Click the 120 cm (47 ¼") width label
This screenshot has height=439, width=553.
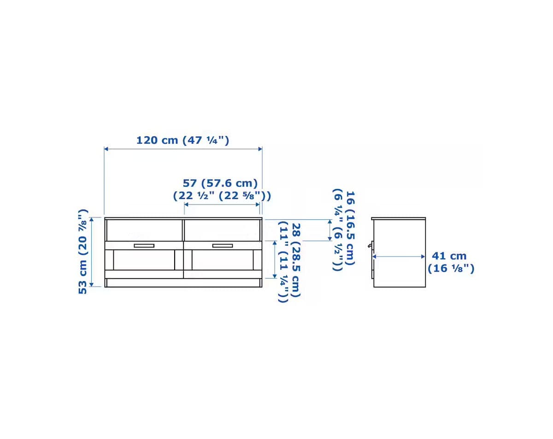click(x=182, y=140)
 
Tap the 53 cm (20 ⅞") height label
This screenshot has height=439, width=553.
click(x=83, y=252)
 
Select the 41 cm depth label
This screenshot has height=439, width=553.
click(x=449, y=256)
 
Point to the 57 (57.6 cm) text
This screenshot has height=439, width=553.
click(x=220, y=183)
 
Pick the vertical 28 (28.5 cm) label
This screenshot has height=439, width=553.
click(x=296, y=260)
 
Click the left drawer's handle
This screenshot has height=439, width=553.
click(x=144, y=246)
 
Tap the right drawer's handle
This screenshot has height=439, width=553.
click(x=223, y=246)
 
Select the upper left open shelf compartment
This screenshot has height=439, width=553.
click(x=144, y=230)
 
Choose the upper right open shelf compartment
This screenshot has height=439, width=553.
click(x=222, y=230)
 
